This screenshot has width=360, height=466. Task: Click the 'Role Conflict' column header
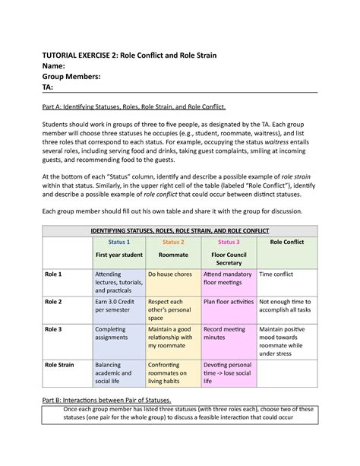[x=286, y=242]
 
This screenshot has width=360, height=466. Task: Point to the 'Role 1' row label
[x=53, y=273]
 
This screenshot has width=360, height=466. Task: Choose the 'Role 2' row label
[x=53, y=301]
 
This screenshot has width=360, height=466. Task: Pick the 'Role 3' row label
[x=53, y=329]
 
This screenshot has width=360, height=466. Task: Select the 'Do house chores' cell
[x=172, y=273]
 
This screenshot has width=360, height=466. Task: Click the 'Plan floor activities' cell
[x=228, y=301]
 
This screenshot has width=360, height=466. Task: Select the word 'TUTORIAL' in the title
[x=69, y=55]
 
